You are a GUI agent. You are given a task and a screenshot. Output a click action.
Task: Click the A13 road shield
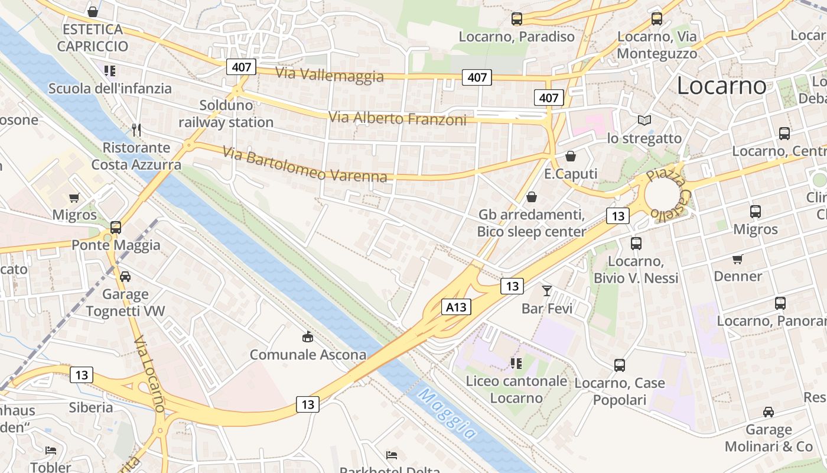(x=456, y=307)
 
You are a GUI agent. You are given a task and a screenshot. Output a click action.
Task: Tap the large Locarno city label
(x=721, y=86)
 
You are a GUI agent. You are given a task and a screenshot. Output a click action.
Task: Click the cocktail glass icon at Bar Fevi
(x=547, y=290)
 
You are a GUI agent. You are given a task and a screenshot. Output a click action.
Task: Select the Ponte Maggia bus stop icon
(x=116, y=227)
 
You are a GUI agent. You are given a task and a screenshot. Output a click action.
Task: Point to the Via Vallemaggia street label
(x=330, y=74)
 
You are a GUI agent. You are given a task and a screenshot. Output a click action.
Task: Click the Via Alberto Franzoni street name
(x=398, y=119)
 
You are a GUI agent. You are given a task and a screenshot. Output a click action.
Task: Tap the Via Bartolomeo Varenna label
(x=305, y=165)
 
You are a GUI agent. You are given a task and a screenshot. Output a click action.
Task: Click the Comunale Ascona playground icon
(x=307, y=337)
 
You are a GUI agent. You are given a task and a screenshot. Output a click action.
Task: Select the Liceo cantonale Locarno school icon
(x=516, y=363)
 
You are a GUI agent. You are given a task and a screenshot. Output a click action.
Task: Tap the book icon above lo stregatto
(x=644, y=121)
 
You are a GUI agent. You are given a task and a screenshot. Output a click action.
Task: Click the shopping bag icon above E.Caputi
(x=571, y=156)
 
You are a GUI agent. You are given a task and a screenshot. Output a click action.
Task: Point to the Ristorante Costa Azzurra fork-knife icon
(x=136, y=129)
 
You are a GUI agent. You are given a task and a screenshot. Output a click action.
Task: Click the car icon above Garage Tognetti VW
(x=125, y=276)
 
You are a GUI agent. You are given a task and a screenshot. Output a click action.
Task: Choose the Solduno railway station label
(x=226, y=114)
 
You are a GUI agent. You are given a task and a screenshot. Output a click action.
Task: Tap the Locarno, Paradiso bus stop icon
(x=517, y=19)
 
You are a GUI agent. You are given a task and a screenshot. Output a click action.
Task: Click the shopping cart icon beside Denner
(x=737, y=259)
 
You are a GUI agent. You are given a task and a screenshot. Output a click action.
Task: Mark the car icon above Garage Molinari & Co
(x=769, y=412)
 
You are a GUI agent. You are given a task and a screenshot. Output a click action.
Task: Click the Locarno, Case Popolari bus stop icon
(x=620, y=365)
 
